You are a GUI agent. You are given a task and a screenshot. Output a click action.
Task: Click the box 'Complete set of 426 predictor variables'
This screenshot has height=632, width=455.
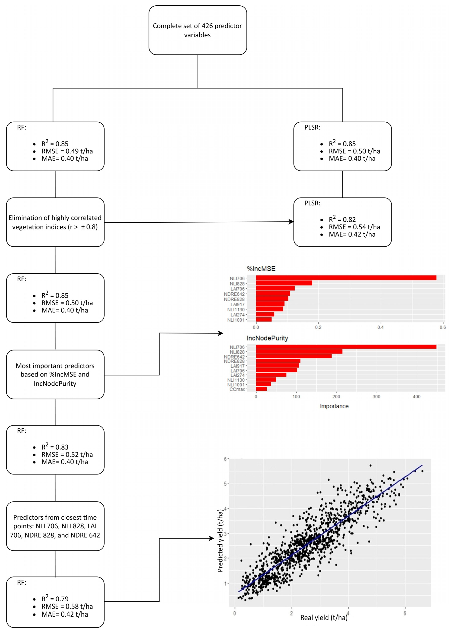pos(198,30)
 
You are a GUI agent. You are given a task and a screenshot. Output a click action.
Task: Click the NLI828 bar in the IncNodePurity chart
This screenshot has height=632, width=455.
pos(299,352)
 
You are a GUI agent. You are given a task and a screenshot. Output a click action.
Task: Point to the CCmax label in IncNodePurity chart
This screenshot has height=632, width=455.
pos(237,389)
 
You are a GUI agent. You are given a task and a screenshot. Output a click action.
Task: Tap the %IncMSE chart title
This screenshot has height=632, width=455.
pos(261,269)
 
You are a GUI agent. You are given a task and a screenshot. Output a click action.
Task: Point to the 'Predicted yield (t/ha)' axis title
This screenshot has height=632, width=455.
pos(220,541)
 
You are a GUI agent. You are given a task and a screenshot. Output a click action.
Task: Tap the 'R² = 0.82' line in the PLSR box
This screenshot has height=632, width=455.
pos(342,220)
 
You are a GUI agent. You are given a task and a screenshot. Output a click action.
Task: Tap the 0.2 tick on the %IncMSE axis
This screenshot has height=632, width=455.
pos(318,327)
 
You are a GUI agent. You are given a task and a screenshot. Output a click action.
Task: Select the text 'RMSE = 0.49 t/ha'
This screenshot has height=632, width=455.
pos(67,151)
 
